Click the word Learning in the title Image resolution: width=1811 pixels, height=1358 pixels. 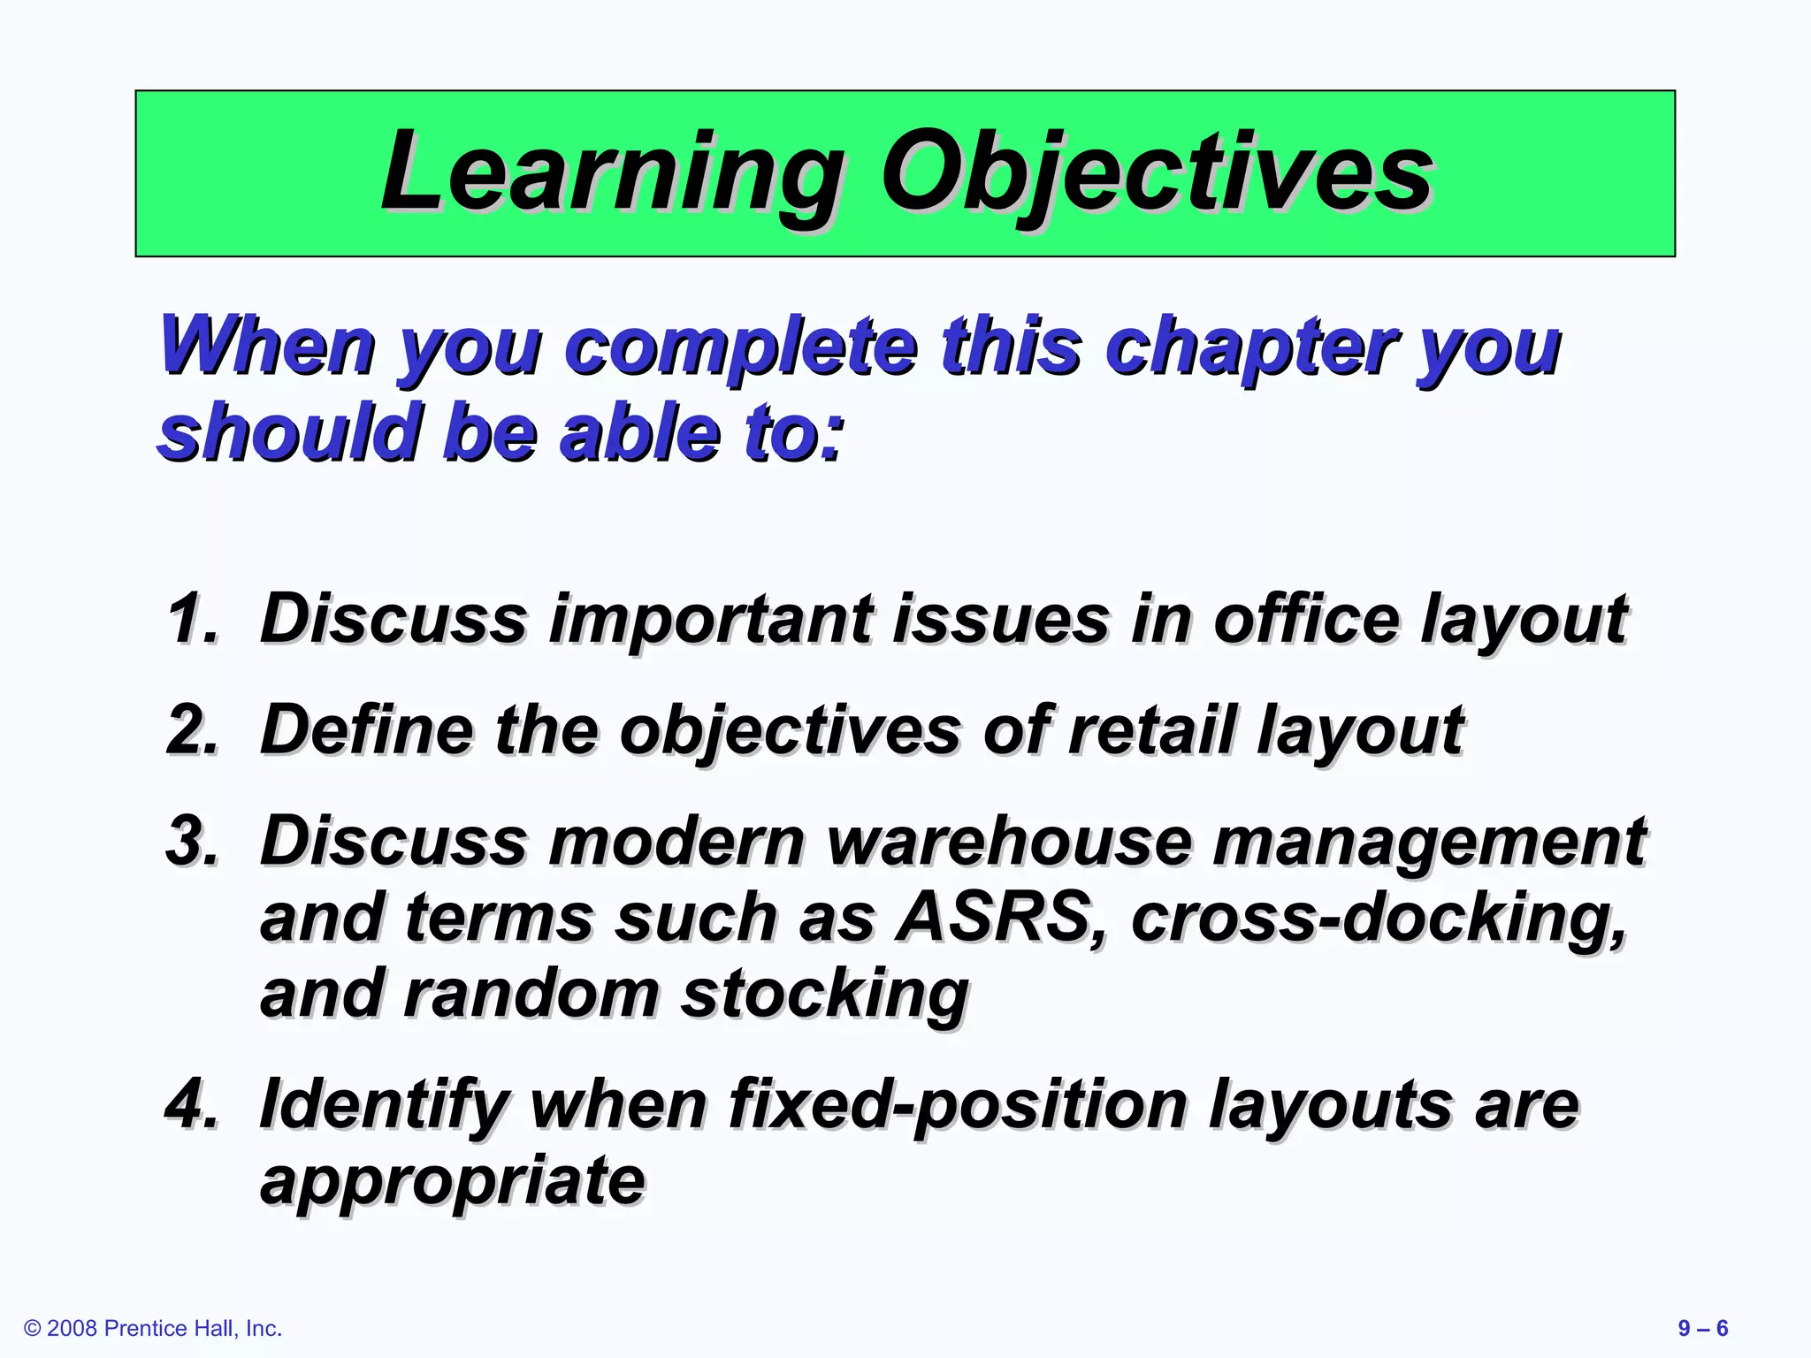[611, 173]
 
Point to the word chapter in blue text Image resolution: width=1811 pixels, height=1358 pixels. [1251, 347]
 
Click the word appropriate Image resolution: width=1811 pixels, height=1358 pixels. [452, 1181]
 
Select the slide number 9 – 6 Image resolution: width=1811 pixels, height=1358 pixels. [1702, 1329]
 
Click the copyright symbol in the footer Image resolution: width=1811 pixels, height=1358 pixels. [33, 1329]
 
